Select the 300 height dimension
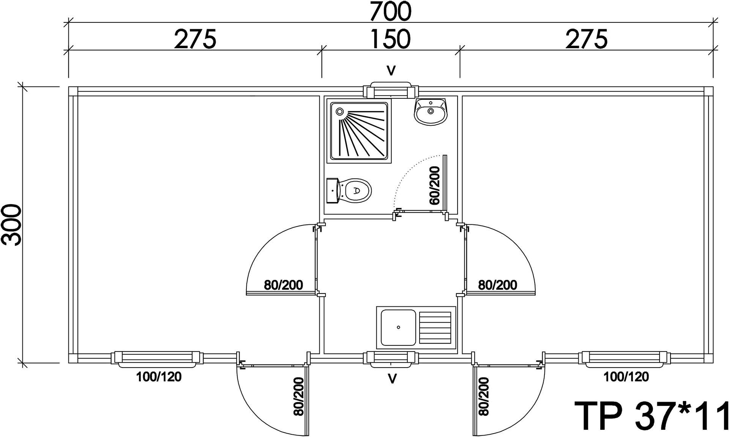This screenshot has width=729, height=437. tap(12, 225)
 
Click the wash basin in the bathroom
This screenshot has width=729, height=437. tap(431, 112)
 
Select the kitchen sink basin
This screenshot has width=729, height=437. tap(398, 328)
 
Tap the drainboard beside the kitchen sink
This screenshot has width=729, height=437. tap(435, 328)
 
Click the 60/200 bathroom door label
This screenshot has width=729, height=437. tap(435, 186)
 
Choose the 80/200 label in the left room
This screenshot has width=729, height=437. tap(284, 285)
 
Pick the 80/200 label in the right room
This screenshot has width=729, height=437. tap(497, 285)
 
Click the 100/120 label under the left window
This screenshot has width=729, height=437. tap(159, 377)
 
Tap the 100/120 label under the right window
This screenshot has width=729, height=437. tap(626, 377)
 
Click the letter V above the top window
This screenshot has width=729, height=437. tap(391, 70)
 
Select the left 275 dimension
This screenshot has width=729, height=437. tap(195, 39)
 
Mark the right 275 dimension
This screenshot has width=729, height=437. tap(587, 39)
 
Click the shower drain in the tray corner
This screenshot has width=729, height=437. tap(339, 112)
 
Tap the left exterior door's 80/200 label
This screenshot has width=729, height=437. tap(299, 396)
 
